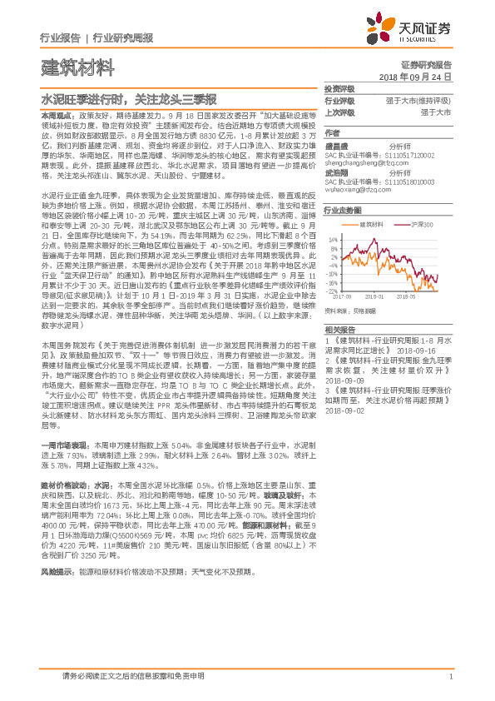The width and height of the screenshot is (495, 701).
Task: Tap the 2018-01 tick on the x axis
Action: (x=374, y=295)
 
